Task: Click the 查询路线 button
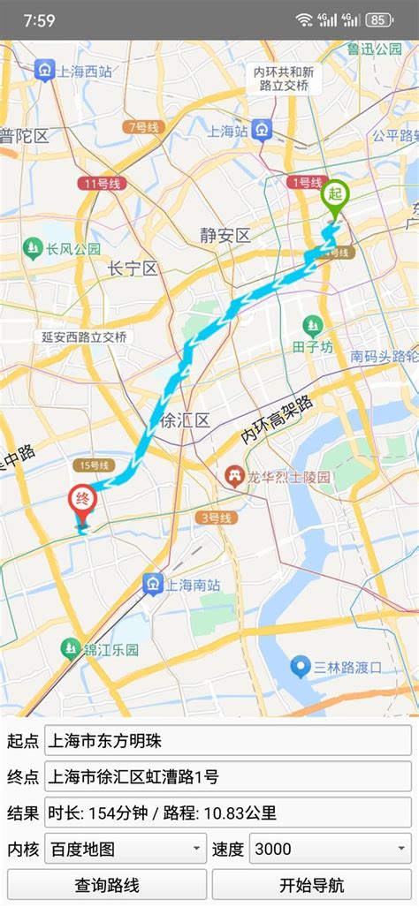point(106,884)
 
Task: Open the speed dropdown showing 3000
point(330,849)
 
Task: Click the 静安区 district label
point(225,235)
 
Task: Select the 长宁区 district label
point(132,268)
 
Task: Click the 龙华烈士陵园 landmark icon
point(234,477)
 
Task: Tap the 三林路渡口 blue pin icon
point(301,667)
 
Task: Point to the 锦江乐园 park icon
point(70,649)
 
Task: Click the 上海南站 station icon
point(153,584)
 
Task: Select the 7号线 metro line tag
point(141,128)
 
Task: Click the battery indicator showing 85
point(378,19)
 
